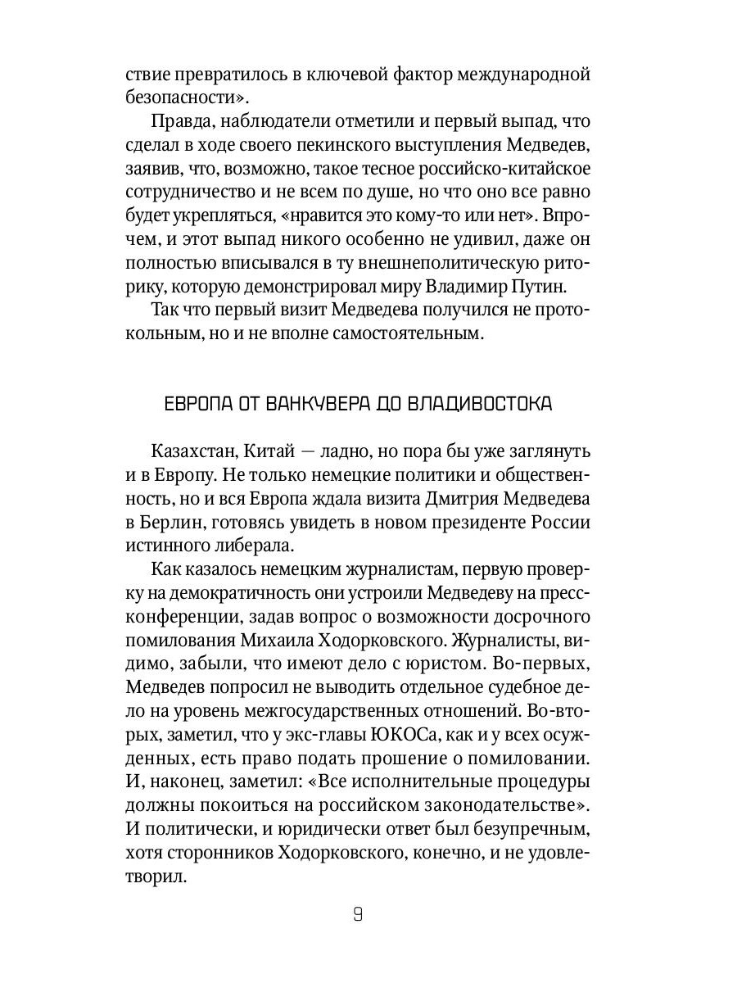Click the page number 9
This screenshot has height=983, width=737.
click(x=358, y=915)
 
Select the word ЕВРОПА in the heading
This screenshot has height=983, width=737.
click(x=197, y=405)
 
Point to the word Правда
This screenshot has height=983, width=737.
click(x=182, y=123)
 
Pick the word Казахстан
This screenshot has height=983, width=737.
click(x=197, y=452)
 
